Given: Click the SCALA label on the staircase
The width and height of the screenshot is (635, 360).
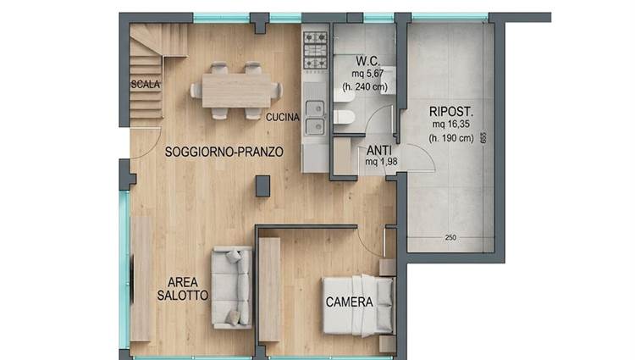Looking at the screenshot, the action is [146, 84].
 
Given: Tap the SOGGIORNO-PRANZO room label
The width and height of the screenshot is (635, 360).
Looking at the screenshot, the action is [224, 152].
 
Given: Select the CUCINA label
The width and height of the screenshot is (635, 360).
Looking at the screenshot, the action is [282, 117].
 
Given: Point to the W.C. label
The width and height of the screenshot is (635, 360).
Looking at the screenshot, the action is [368, 61].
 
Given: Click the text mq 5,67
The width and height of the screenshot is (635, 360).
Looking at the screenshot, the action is [367, 74].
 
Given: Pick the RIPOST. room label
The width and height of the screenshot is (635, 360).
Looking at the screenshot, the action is [451, 111].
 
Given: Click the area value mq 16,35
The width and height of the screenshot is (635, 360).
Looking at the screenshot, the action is [450, 125].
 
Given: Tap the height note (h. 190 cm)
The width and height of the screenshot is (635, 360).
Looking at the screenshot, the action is [451, 138].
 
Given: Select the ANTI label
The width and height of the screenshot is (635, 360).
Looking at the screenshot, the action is [379, 151].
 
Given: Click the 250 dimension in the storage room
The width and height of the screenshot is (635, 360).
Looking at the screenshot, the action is [450, 238].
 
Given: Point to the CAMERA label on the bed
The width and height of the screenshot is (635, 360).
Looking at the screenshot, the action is [349, 302].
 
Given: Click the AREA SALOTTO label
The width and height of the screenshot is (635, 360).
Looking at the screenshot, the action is [183, 289].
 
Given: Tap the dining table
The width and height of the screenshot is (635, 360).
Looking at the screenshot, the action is [236, 91].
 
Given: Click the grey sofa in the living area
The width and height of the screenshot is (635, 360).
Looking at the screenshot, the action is [232, 287].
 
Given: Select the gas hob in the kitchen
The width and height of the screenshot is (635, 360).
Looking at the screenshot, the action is [316, 51].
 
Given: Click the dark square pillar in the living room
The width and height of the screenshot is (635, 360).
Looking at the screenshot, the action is [262, 186].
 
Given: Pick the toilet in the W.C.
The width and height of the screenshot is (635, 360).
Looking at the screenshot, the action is [345, 117].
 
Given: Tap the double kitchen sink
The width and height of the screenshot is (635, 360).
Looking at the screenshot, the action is [315, 118].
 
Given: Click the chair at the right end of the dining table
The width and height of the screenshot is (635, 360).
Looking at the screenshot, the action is [277, 91].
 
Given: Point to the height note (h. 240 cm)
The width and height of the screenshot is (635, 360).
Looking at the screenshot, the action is [365, 86].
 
